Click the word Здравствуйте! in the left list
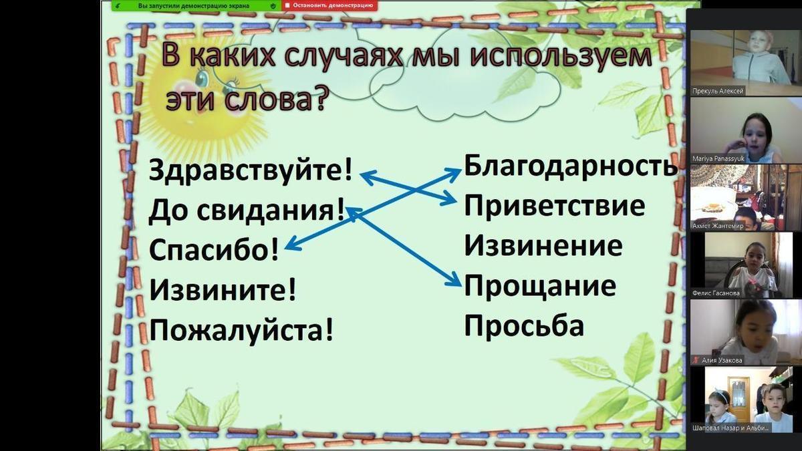point(250,172)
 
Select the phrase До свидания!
point(246,210)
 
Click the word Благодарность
point(571,167)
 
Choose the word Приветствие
point(554,206)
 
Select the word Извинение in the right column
point(543,246)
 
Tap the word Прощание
point(540,287)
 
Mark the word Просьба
point(524,325)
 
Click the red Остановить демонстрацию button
point(329,5)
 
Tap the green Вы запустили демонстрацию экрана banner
point(196,6)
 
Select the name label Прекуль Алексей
point(718,92)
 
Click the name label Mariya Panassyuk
point(718,158)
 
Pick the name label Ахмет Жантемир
point(718,226)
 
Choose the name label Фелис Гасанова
point(716,293)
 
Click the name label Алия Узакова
point(722,360)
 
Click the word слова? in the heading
point(275,98)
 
